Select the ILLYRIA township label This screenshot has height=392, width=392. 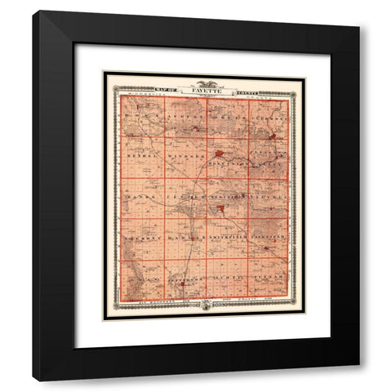268,198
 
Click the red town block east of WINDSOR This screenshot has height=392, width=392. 220,153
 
